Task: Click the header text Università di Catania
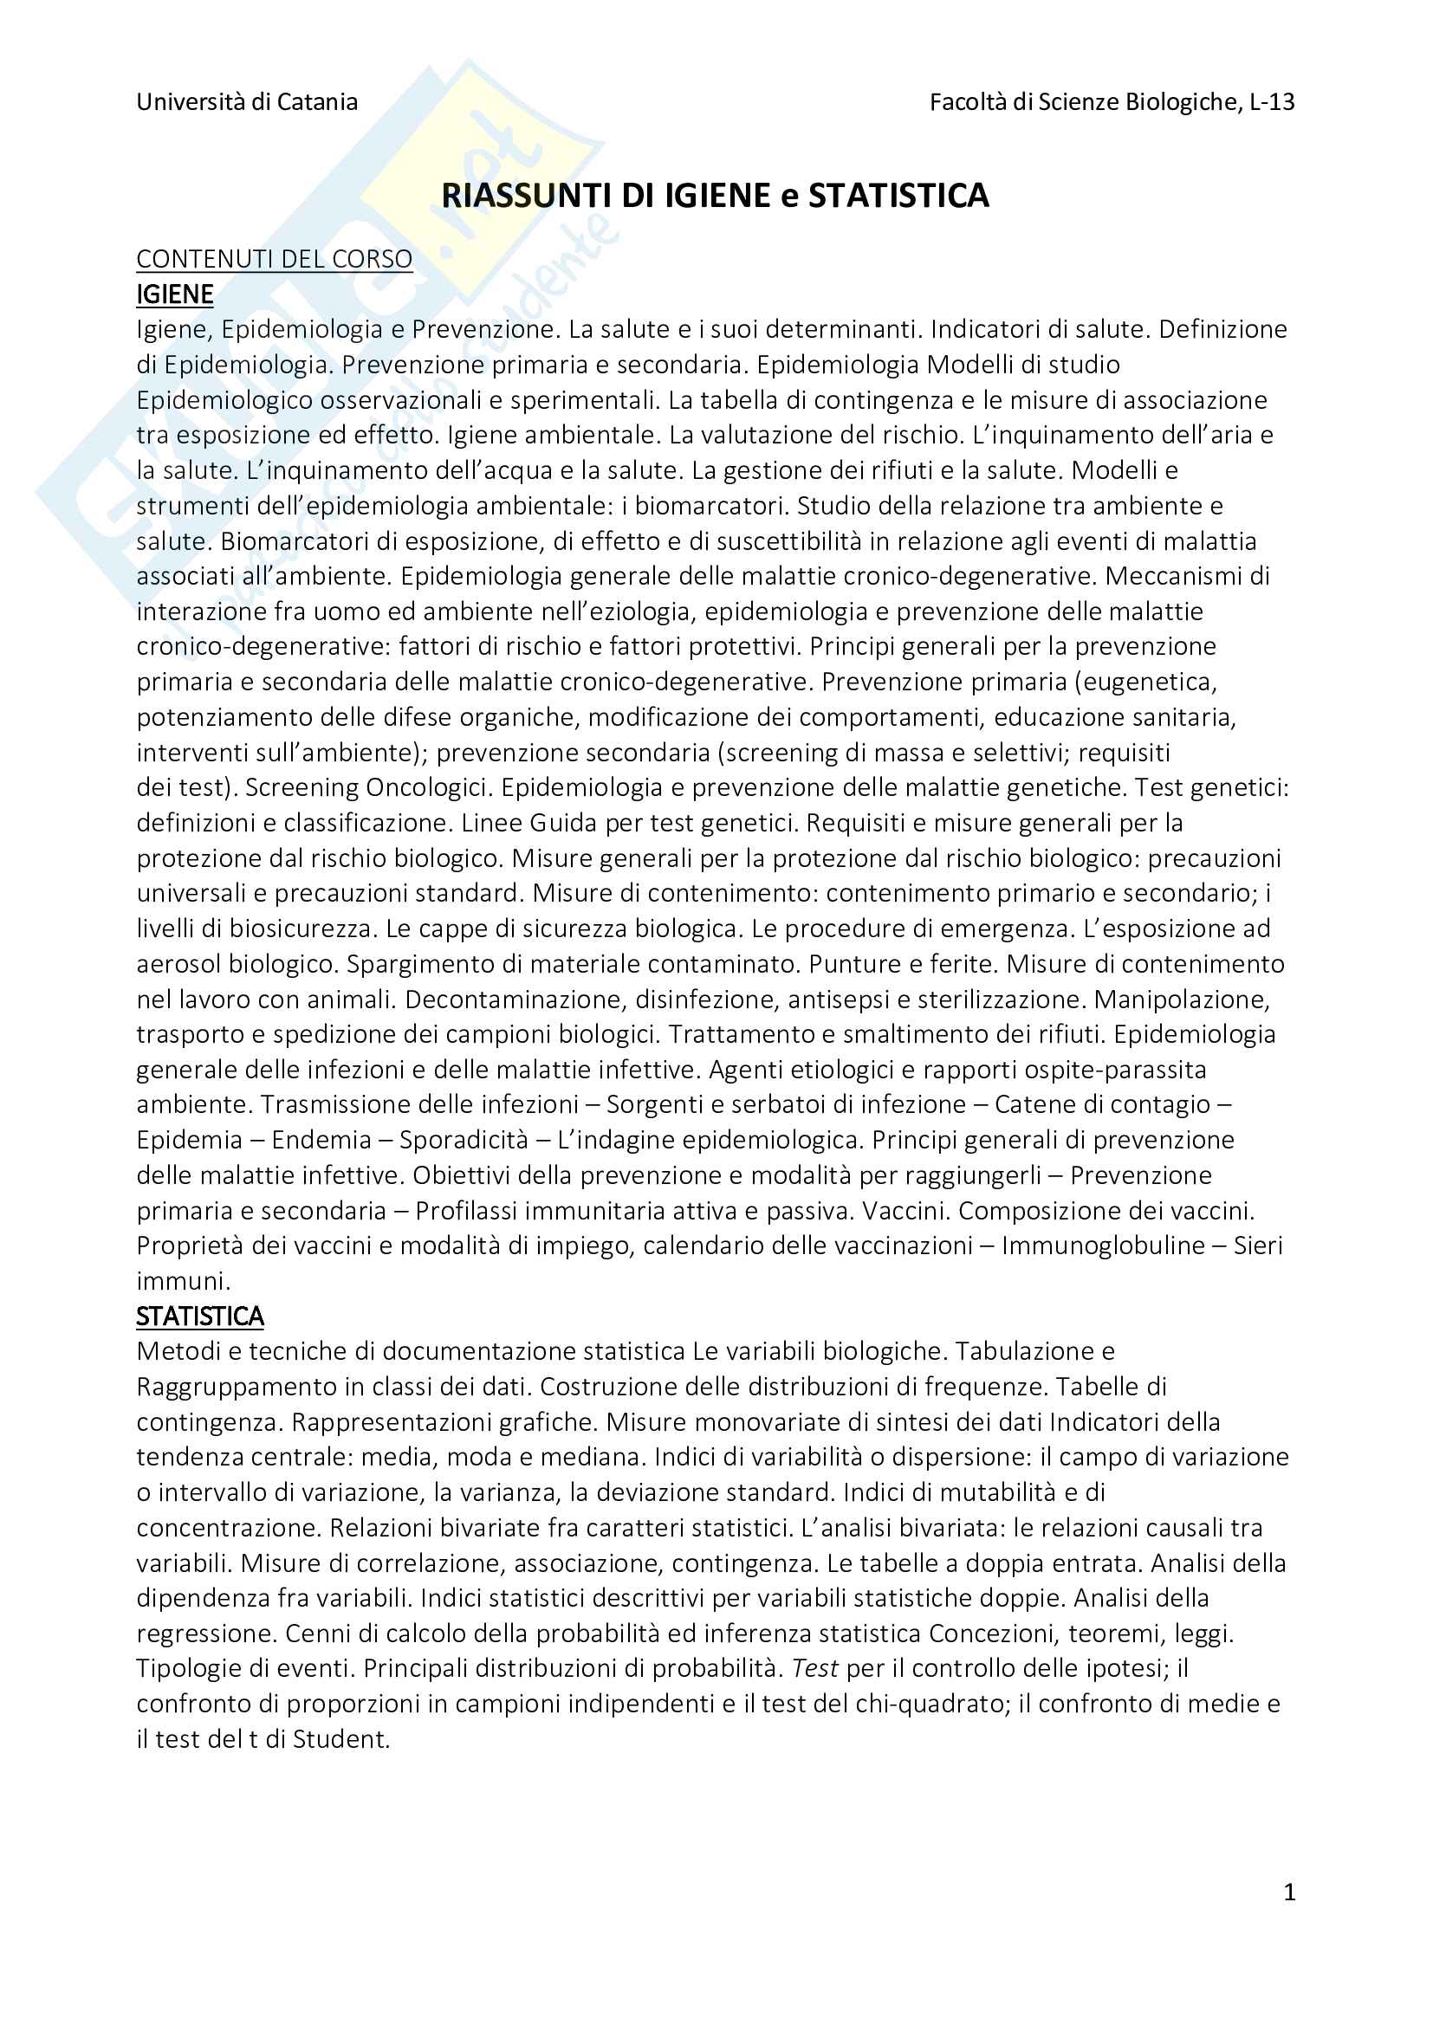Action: (247, 102)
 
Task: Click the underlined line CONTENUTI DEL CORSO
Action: (275, 258)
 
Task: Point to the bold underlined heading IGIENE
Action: (175, 294)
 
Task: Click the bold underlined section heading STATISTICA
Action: (199, 1316)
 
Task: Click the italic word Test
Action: (814, 1668)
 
